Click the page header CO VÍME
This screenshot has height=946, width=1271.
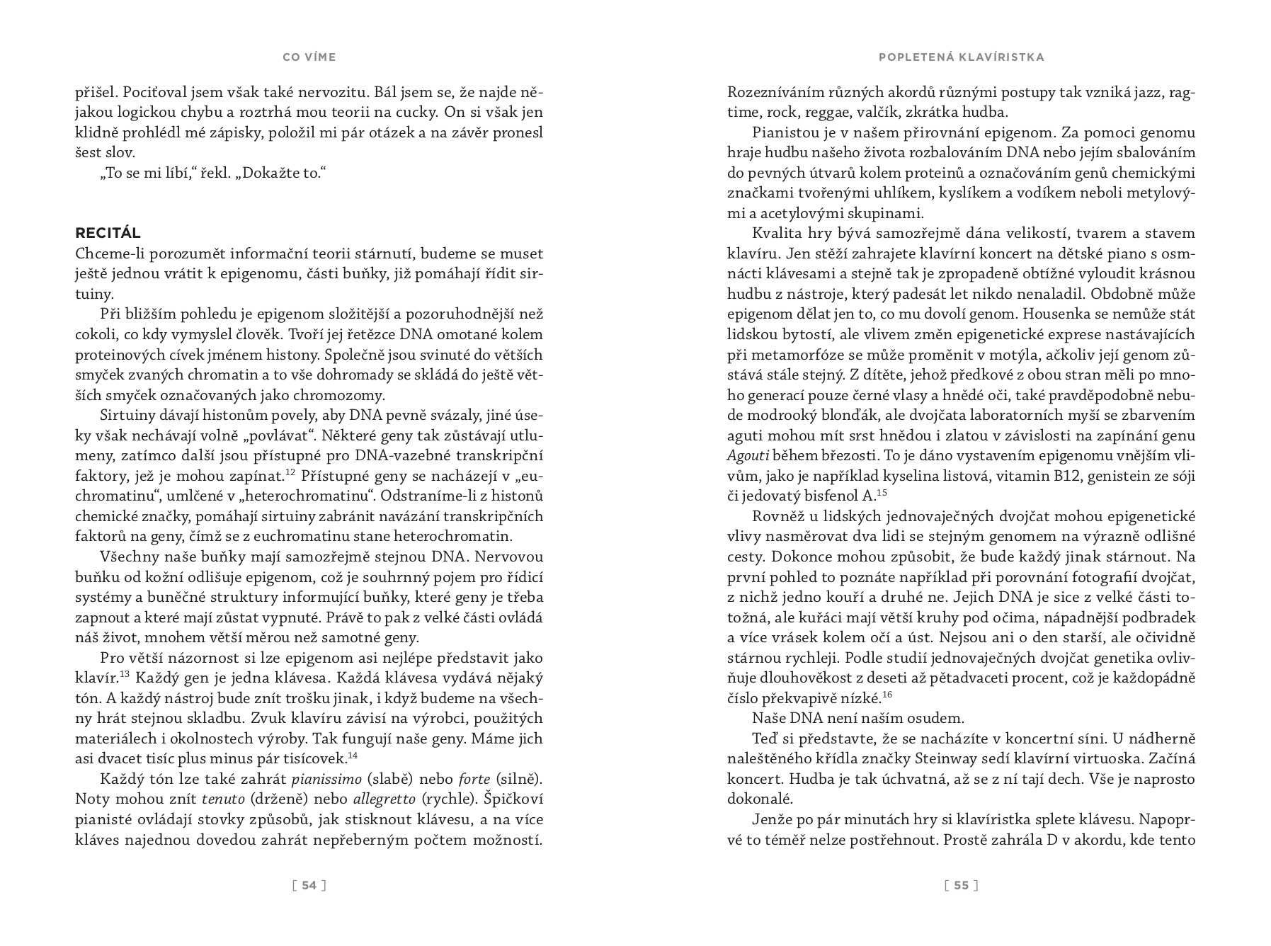pos(309,57)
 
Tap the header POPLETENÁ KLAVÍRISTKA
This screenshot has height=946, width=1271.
pos(961,57)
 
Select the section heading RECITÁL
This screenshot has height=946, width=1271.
pos(108,233)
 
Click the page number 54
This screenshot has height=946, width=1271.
pos(309,884)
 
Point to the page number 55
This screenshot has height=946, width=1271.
pos(961,884)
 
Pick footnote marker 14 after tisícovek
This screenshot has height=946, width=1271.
pos(353,754)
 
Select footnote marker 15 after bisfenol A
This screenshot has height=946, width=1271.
pos(882,492)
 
